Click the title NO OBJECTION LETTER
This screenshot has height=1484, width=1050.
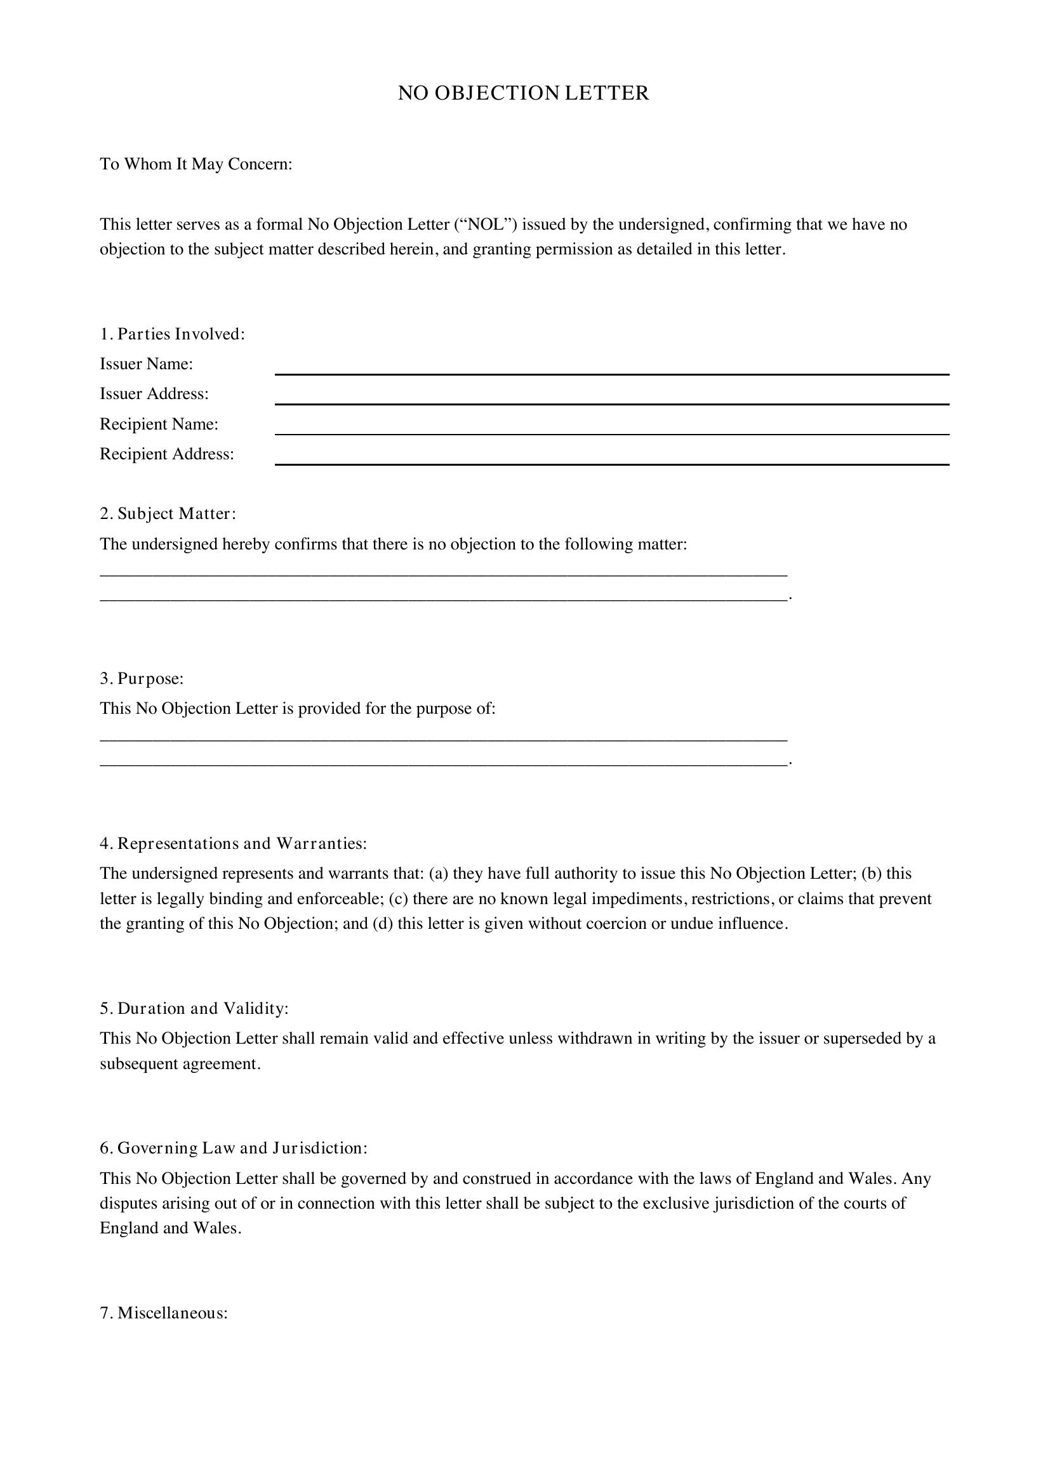tap(523, 93)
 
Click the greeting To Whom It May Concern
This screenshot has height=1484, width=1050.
tap(196, 164)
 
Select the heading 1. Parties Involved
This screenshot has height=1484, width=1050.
tap(172, 334)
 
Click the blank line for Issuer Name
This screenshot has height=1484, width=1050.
tap(611, 367)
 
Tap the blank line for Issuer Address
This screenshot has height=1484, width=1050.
tap(611, 397)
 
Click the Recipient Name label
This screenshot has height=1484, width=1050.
tap(159, 424)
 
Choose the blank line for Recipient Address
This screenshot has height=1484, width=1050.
tap(611, 457)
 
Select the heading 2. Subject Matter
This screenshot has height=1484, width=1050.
tap(168, 514)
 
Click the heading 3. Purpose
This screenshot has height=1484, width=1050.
tap(142, 679)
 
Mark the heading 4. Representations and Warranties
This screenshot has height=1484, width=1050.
tap(233, 843)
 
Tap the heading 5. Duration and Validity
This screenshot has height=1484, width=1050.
tap(194, 1008)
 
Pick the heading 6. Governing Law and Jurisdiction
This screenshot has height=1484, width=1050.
tap(234, 1148)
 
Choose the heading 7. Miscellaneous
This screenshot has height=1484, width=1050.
tap(164, 1313)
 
